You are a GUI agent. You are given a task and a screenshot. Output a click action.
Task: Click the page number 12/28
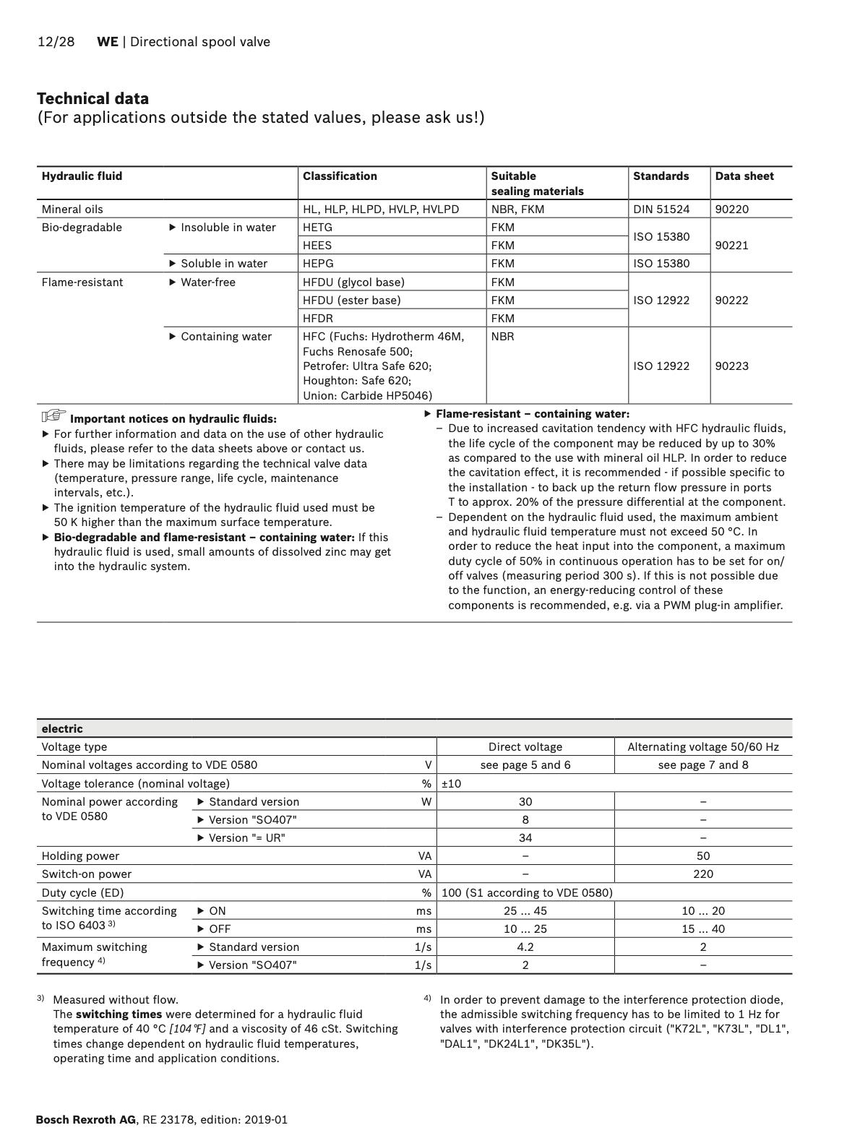point(56,42)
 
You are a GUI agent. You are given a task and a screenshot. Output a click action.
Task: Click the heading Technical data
point(93,99)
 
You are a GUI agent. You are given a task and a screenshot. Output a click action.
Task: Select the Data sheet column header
point(744,176)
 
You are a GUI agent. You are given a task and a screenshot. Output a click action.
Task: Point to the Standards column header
point(661,176)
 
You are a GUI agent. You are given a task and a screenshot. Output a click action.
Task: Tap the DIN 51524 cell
point(661,210)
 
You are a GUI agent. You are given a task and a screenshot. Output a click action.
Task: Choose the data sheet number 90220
point(732,210)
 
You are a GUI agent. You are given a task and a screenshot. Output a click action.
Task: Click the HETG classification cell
point(318,228)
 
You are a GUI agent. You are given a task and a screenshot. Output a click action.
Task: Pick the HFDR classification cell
point(318,319)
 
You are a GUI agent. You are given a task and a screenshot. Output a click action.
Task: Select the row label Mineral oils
point(72,210)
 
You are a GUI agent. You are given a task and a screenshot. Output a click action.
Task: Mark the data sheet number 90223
point(732,366)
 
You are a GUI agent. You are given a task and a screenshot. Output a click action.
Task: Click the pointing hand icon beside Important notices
point(53,416)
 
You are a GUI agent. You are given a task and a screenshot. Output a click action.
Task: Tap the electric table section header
point(62,729)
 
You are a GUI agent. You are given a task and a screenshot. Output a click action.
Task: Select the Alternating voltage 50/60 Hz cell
point(703,747)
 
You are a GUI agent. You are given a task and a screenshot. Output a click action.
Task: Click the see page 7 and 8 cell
point(703,765)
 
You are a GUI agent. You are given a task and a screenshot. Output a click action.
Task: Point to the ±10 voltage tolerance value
point(451,784)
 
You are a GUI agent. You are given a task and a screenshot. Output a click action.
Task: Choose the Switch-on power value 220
point(703,874)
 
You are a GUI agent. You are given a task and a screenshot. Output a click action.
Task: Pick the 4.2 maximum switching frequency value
point(525,947)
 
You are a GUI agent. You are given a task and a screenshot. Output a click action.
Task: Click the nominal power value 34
point(525,838)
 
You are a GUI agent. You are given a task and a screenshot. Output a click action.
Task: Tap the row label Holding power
point(80,856)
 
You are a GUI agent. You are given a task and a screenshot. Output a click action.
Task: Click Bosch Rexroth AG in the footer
point(85,1120)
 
